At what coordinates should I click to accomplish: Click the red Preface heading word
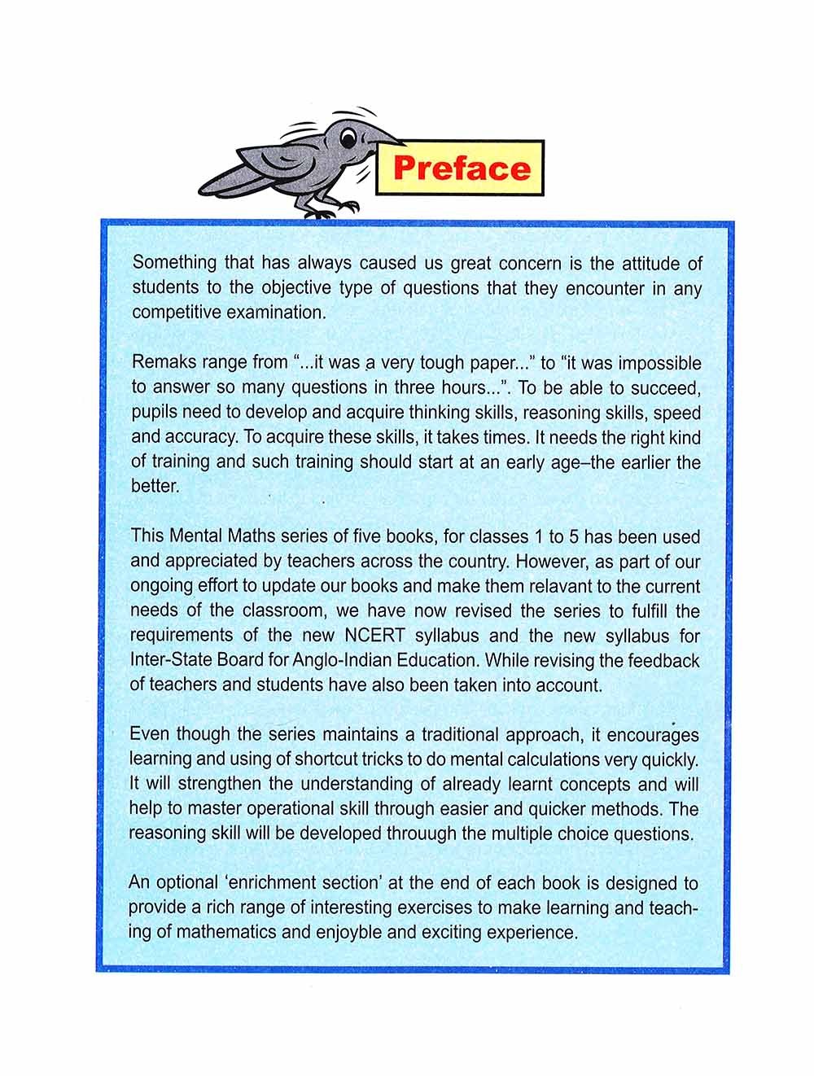(x=461, y=168)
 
